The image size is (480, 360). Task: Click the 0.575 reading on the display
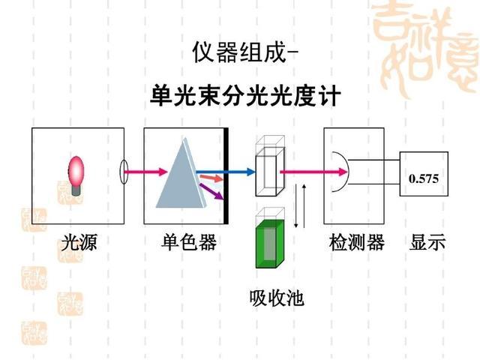click(x=423, y=178)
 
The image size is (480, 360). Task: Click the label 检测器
click(x=356, y=243)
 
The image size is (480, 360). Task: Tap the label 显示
click(x=427, y=243)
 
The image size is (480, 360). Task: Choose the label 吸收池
click(x=277, y=298)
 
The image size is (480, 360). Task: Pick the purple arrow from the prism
click(x=214, y=194)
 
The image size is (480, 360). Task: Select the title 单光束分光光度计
click(x=245, y=96)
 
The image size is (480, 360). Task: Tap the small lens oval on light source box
click(x=124, y=172)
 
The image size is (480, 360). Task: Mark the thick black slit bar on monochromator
click(x=226, y=175)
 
